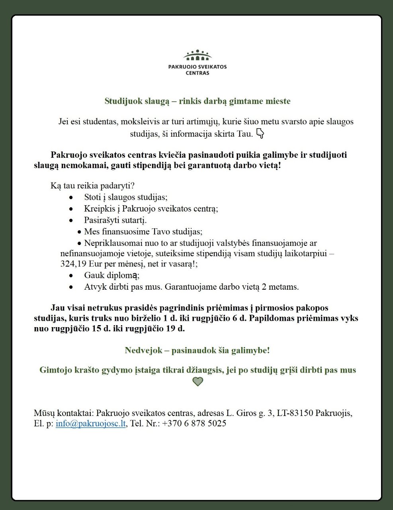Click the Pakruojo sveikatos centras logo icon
(197, 55)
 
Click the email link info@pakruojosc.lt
(91, 424)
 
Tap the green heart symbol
(197, 382)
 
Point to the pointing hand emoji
(260, 133)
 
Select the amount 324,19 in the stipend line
(74, 264)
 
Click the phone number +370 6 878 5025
(194, 424)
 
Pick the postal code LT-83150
(295, 413)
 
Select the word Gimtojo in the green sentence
(55, 370)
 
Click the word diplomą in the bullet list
(123, 275)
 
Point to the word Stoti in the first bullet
(93, 197)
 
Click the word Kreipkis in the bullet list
(98, 209)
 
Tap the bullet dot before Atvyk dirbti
(71, 287)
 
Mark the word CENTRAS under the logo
(197, 73)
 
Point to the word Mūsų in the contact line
(44, 413)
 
